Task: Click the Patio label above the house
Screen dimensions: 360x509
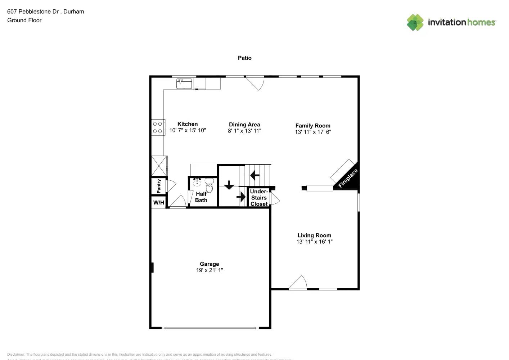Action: (x=244, y=58)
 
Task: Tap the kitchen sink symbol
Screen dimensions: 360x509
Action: (x=184, y=84)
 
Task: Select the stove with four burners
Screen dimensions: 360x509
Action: (x=158, y=127)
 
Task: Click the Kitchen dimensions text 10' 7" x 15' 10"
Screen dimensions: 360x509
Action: (x=188, y=130)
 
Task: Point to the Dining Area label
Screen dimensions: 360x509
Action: (x=244, y=125)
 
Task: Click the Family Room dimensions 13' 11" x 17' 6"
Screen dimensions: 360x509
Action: (x=313, y=132)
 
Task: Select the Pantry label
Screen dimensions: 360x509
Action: (x=159, y=186)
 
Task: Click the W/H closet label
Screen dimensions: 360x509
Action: (x=159, y=203)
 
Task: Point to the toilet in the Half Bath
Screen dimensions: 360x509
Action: (x=209, y=185)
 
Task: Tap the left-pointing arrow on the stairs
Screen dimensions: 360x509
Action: (x=255, y=175)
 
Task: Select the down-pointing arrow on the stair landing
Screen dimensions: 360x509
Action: (x=229, y=185)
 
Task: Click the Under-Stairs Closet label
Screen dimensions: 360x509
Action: (x=259, y=198)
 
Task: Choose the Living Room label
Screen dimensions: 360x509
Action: (x=314, y=235)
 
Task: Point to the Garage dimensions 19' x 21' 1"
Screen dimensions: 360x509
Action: (x=210, y=270)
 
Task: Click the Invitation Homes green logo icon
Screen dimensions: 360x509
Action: (x=415, y=22)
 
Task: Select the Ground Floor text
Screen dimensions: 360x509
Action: (x=24, y=21)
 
